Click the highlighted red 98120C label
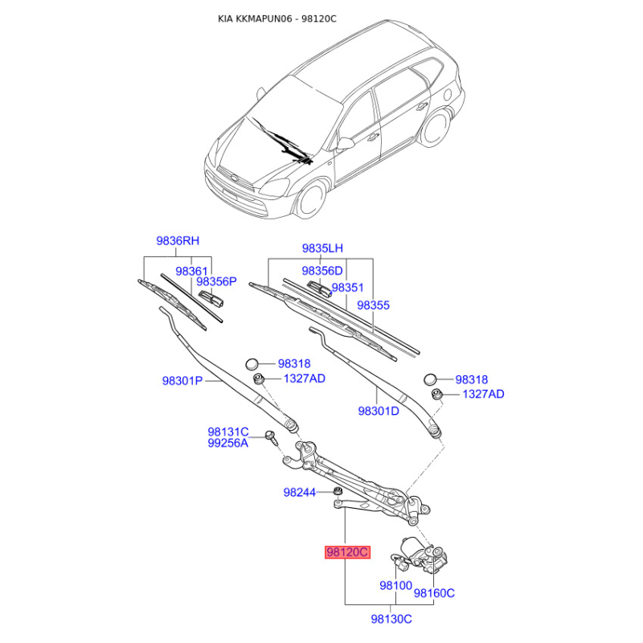pyautogui.click(x=347, y=552)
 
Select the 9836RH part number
pyautogui.click(x=177, y=241)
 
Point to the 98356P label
pyautogui.click(x=217, y=282)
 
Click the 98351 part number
pyautogui.click(x=348, y=287)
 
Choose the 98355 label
pyautogui.click(x=374, y=305)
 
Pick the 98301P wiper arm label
pyautogui.click(x=182, y=381)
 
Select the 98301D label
pyautogui.click(x=379, y=411)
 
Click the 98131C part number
pyautogui.click(x=228, y=432)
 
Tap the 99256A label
pyautogui.click(x=228, y=443)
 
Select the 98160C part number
pyautogui.click(x=434, y=593)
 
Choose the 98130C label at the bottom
pyautogui.click(x=391, y=619)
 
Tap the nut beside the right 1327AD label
pyautogui.click(x=438, y=394)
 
